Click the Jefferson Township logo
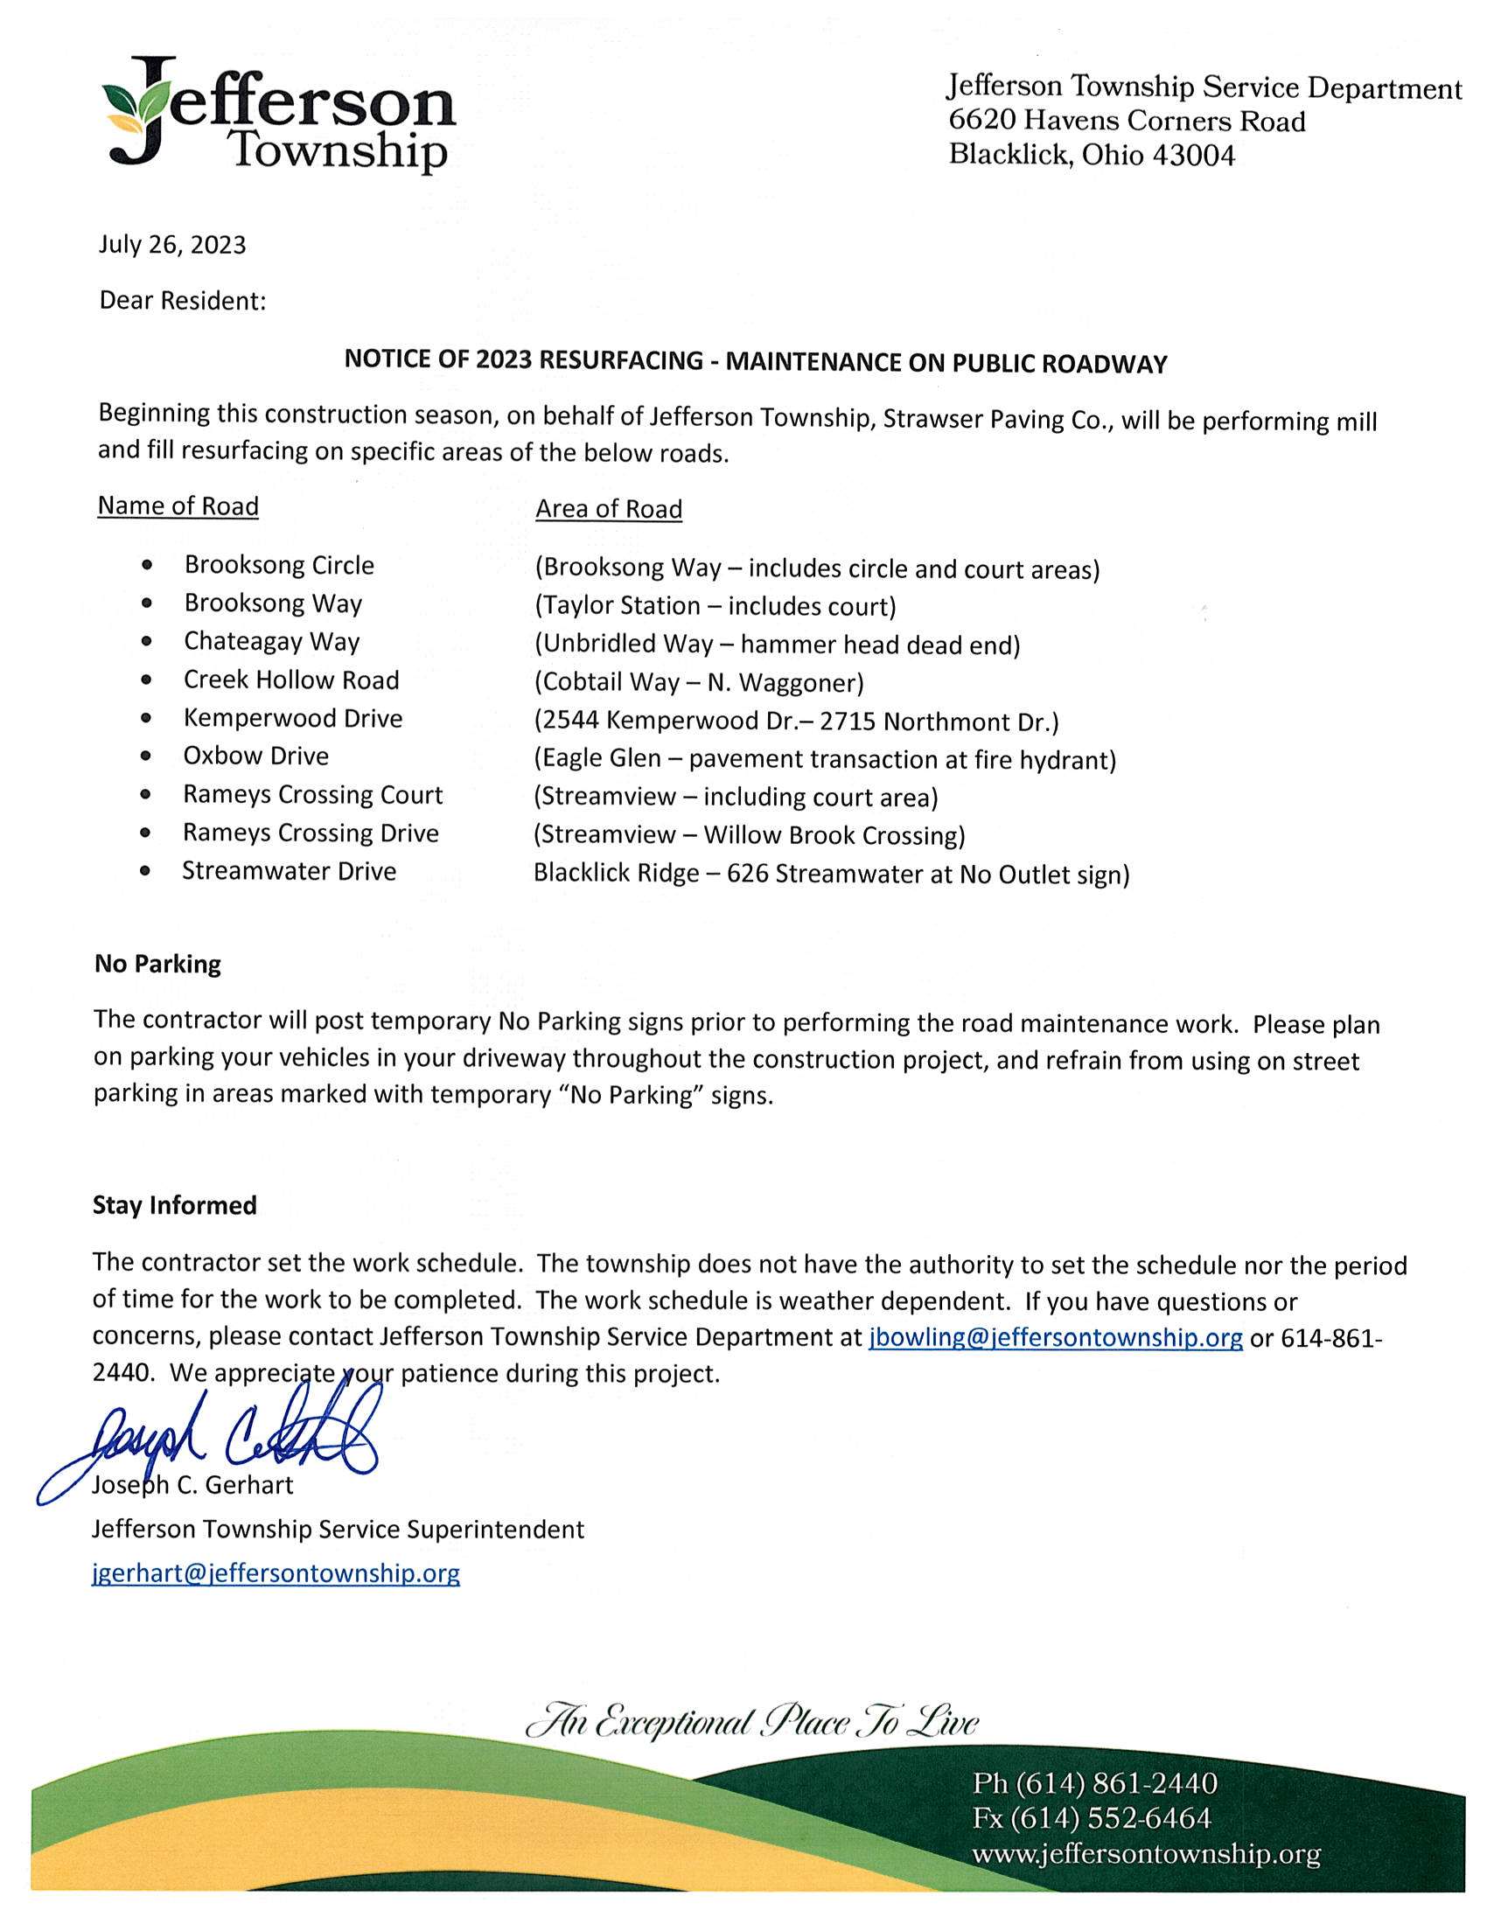pos(277,115)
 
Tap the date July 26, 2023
pos(171,244)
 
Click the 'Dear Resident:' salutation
pos(182,302)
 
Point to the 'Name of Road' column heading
pos(178,506)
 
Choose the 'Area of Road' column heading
pos(609,509)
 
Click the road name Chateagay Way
pos(271,641)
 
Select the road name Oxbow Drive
pos(255,756)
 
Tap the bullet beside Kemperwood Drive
pos(146,719)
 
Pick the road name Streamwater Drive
pos(289,871)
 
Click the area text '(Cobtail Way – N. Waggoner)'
pos(699,683)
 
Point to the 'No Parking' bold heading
pos(157,964)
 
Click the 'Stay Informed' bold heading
pos(174,1205)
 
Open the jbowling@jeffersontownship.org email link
pos(1056,1337)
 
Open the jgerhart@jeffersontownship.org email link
pos(276,1573)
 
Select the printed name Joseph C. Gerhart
pos(193,1485)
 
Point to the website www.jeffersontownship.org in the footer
pos(1145,1853)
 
